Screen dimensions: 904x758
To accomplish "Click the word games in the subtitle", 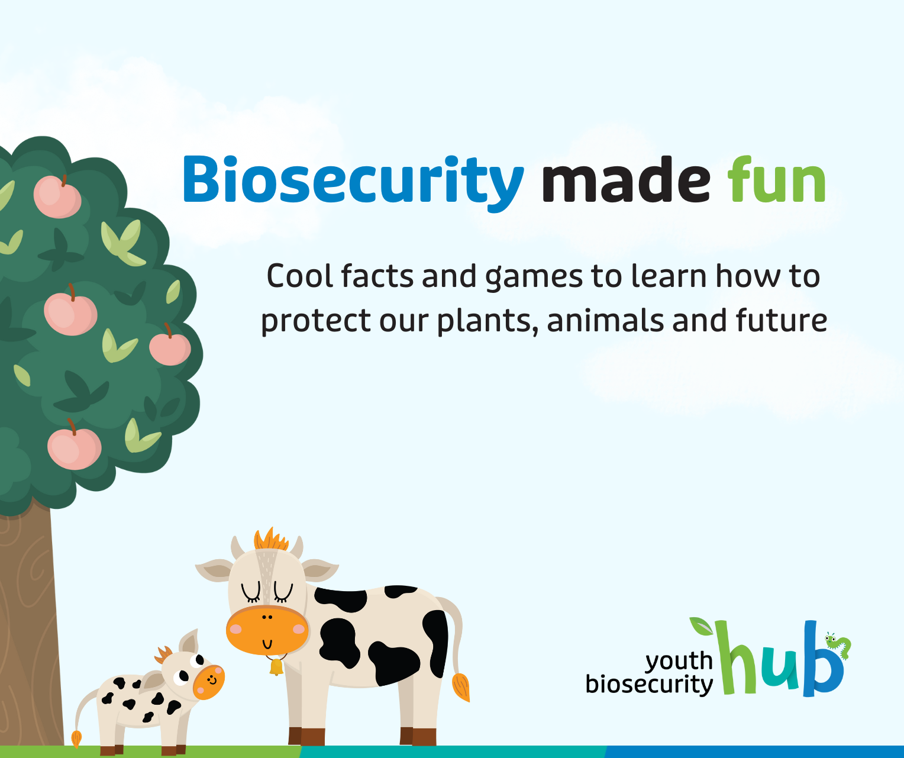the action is tap(534, 278).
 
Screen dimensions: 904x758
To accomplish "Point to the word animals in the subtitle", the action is tap(605, 320).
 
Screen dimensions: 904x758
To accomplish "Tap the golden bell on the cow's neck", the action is tap(276, 667).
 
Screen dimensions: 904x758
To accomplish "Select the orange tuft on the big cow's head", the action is tap(271, 540).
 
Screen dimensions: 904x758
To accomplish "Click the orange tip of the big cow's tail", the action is tap(461, 686).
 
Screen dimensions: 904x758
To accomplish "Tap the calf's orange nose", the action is tap(209, 682).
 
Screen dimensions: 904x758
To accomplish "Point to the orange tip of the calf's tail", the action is tap(77, 738).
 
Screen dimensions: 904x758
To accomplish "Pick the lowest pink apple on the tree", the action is tap(74, 449).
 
